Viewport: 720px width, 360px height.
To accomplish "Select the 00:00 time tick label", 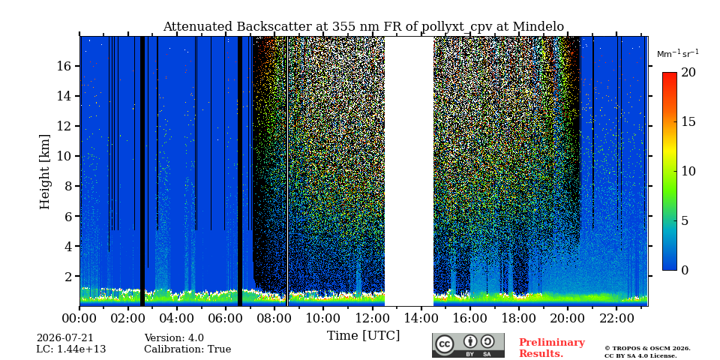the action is pos(79,319).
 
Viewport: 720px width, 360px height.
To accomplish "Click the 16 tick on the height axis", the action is pos(64,66).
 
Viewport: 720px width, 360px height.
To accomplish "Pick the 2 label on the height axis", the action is pos(68,276).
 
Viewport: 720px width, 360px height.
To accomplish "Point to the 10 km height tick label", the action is pos(64,156).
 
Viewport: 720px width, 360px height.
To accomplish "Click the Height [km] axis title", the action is pos(44,172).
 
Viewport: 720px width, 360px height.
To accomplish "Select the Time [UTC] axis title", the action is pos(363,336).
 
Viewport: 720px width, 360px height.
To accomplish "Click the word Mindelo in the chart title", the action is pos(538,27).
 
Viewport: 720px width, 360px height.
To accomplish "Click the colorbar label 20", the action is pos(688,72).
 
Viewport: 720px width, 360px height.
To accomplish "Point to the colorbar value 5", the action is pos(684,220).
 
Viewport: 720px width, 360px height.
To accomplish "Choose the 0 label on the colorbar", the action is pos(684,270).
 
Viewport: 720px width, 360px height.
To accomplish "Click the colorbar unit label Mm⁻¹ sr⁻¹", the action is pos(678,54).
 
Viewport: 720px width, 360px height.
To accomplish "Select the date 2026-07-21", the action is pos(64,338).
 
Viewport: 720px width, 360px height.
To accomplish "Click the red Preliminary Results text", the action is pos(552,347).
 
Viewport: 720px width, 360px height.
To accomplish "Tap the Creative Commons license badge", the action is pos(468,345).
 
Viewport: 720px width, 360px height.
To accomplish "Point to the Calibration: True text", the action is pos(187,349).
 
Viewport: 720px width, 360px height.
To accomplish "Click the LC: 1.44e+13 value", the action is pos(71,349).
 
